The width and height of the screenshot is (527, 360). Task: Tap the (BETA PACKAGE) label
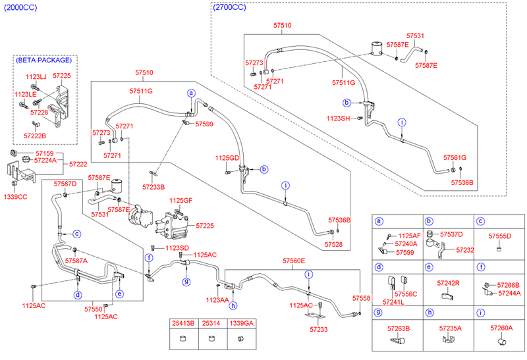tap(45, 60)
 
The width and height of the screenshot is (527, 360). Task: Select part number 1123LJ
tap(36, 78)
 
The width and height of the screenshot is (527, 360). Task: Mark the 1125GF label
tap(181, 200)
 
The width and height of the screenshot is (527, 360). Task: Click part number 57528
tap(333, 244)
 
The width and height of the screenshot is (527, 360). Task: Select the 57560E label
tap(294, 261)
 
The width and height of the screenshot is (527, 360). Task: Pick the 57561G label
tap(455, 158)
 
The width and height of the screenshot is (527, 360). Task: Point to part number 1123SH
tap(338, 118)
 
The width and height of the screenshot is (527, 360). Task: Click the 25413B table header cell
tap(183, 324)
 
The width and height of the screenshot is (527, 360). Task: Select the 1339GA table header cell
tap(240, 324)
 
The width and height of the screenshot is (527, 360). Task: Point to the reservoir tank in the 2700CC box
tap(377, 47)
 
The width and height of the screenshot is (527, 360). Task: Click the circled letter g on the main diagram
tap(186, 282)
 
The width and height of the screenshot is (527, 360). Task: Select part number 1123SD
tap(177, 247)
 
